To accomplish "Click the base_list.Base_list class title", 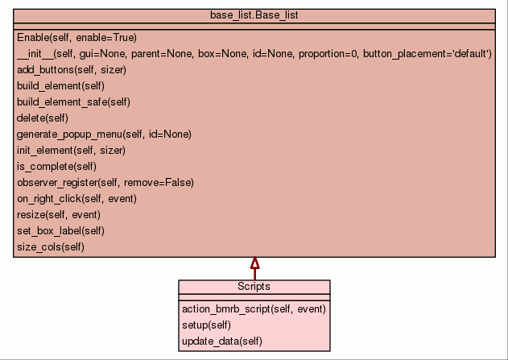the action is (x=254, y=15).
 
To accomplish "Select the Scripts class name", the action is (x=254, y=287).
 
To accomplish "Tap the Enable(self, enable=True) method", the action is (x=76, y=38).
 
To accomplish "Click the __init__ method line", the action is (x=254, y=53).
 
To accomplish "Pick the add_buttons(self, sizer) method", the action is (x=72, y=70).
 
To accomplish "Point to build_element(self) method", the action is (x=60, y=86).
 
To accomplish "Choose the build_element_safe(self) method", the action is (x=73, y=102).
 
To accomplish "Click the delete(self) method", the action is (x=43, y=118).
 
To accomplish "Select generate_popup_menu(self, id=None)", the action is (x=104, y=134).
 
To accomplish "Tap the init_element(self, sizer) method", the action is (x=71, y=151).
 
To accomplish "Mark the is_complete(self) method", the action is (x=56, y=167).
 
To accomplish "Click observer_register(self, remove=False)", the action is (x=105, y=183).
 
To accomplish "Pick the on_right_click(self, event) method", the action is (x=76, y=199).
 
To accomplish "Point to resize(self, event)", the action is (x=59, y=215).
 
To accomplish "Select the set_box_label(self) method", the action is (x=60, y=231).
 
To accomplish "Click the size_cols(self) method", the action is (x=51, y=247).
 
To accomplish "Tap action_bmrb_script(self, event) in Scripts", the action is (x=254, y=309).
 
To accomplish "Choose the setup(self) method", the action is (x=206, y=325).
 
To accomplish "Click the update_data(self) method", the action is (x=222, y=341).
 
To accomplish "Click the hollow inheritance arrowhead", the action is (x=255, y=263).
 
